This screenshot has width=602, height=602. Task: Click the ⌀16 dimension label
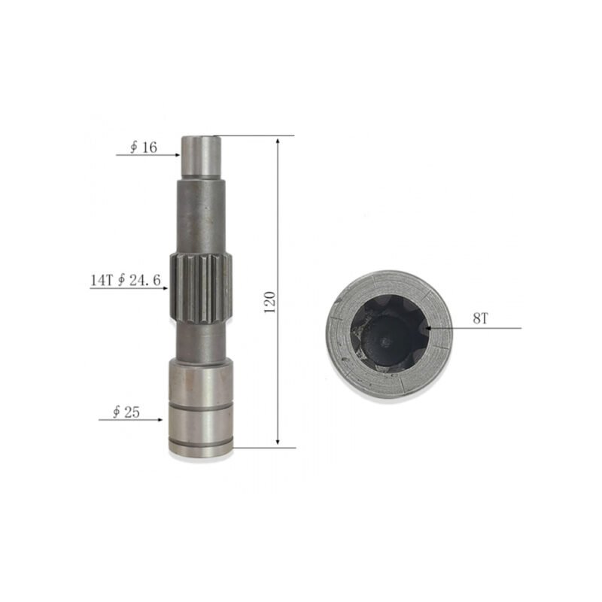point(143,147)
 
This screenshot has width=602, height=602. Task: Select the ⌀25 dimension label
point(126,412)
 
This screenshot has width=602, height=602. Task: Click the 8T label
point(481,319)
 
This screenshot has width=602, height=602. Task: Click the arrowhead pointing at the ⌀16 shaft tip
point(178,155)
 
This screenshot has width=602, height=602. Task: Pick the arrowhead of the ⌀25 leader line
point(163,418)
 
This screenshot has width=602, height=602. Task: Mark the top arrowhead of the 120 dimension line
point(278,141)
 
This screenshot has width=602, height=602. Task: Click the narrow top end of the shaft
point(201,155)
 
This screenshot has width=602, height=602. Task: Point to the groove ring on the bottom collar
point(201,411)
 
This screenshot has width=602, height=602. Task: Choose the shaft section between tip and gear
point(201,214)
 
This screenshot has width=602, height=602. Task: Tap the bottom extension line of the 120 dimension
point(263,447)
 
